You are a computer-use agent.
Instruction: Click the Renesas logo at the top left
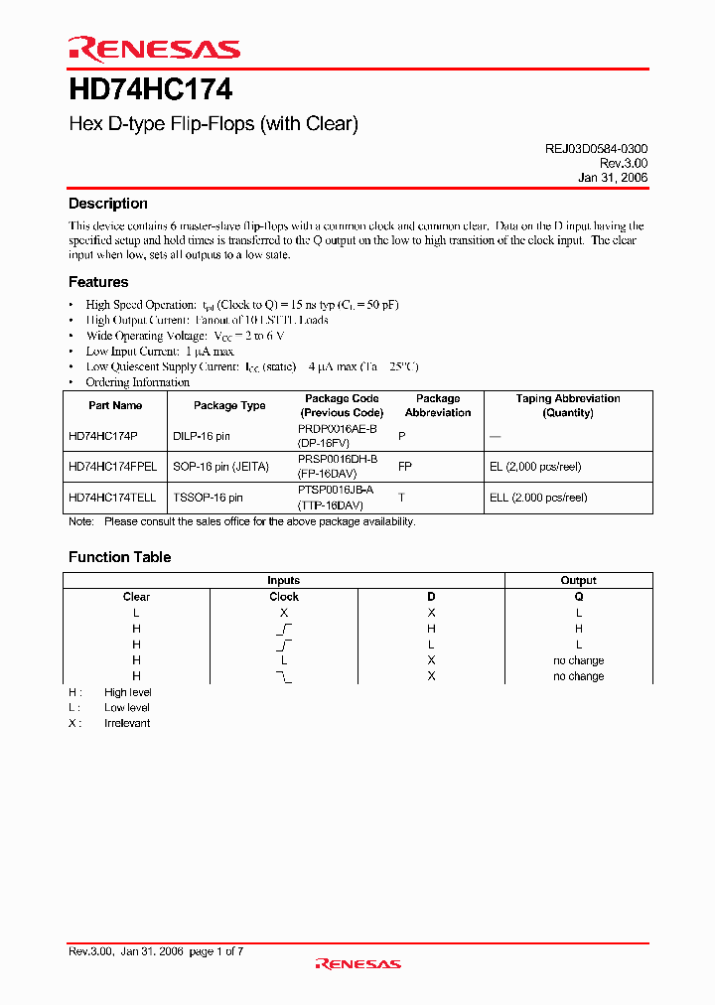click(x=154, y=49)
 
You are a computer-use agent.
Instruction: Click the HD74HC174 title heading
click(x=150, y=90)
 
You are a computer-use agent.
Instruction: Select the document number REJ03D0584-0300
click(x=596, y=148)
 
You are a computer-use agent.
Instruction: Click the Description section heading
click(x=107, y=204)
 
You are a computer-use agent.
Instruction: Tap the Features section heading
click(x=98, y=282)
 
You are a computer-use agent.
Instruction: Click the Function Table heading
click(x=119, y=557)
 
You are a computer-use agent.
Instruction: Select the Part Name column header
click(x=115, y=405)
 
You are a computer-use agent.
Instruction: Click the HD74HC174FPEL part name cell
click(x=112, y=467)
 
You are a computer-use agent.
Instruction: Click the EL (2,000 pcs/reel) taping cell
click(x=543, y=467)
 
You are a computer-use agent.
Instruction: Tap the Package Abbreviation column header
click(x=438, y=405)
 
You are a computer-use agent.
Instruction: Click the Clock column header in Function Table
click(x=284, y=597)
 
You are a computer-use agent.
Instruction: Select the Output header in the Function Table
click(x=579, y=580)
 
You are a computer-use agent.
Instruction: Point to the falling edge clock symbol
click(x=284, y=676)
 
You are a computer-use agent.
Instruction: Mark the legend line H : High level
click(x=109, y=692)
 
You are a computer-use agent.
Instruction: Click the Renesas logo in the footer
click(x=357, y=963)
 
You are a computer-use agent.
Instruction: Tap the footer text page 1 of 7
click(x=215, y=951)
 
